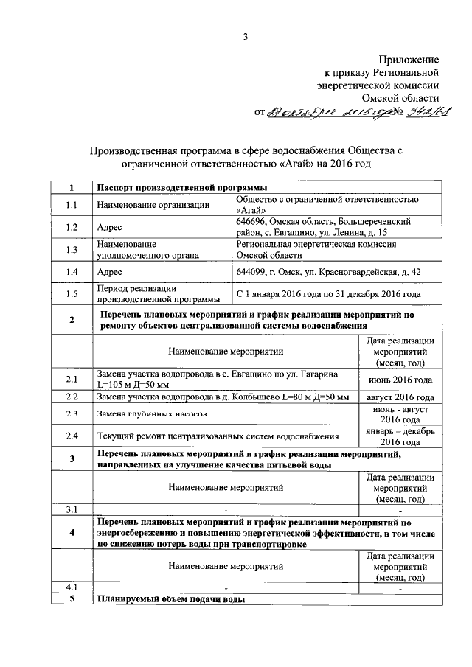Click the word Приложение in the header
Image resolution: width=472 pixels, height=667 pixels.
409,58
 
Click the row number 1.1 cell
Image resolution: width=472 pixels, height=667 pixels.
71,204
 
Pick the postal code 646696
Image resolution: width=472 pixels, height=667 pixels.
252,221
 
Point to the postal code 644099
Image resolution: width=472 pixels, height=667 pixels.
252,272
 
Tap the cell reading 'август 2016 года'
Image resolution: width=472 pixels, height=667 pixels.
400,397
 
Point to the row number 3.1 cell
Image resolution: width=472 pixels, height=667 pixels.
71,509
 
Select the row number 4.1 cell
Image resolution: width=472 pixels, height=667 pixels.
71,587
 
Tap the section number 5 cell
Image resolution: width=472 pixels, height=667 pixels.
71,598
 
